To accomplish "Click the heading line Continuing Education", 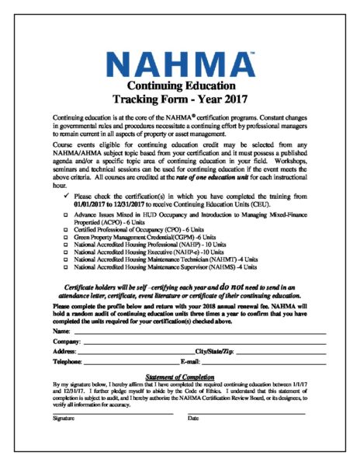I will tap(181, 86).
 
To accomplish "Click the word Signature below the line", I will tap(64, 418).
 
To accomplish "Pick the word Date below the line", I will tap(193, 418).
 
